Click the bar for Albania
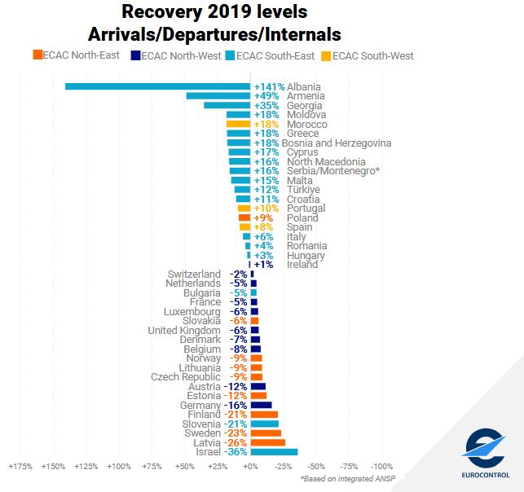[157, 86]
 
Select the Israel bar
[274, 452]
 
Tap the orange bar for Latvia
[268, 442]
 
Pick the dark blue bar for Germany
[262, 405]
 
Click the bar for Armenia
[218, 96]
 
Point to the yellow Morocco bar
[239, 125]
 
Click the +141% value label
[269, 86]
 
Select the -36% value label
[237, 452]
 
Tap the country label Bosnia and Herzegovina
[337, 143]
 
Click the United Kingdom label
[184, 330]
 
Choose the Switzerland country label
[194, 274]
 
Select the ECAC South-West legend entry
[368, 56]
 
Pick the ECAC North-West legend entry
[178, 56]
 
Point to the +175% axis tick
[20, 468]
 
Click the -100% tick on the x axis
[382, 468]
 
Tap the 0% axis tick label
[250, 468]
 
